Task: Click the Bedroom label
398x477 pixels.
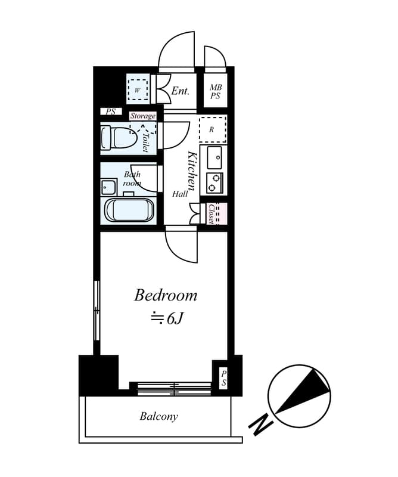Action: (165, 295)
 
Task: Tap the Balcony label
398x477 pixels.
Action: (158, 416)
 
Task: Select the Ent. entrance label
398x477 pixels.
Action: (180, 91)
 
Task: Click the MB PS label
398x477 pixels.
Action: (215, 91)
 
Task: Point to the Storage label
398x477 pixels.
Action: (142, 116)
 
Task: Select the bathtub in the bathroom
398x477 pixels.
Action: (129, 210)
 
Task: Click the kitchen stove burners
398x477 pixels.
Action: (214, 182)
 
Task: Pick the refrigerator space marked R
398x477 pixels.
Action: (212, 129)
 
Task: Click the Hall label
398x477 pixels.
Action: (180, 194)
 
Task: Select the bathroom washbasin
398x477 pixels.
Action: (108, 187)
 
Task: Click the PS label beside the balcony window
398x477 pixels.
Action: (223, 378)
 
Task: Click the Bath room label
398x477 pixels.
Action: (132, 179)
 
